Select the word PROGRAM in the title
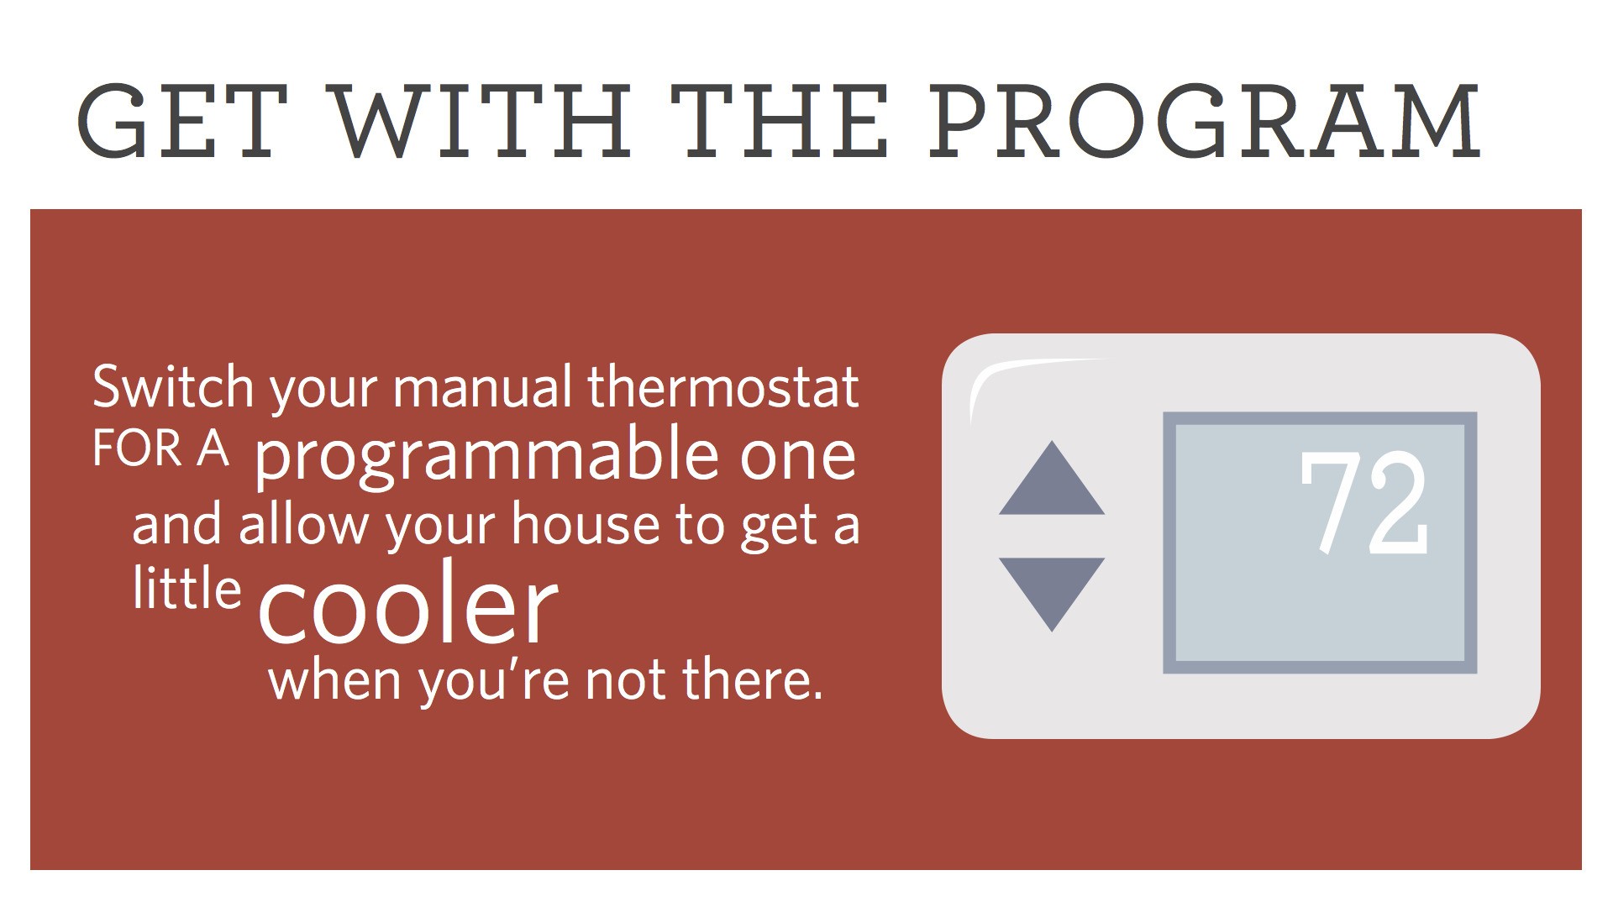pos(1205,121)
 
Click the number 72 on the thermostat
pos(1363,503)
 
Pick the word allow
pos(303,524)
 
